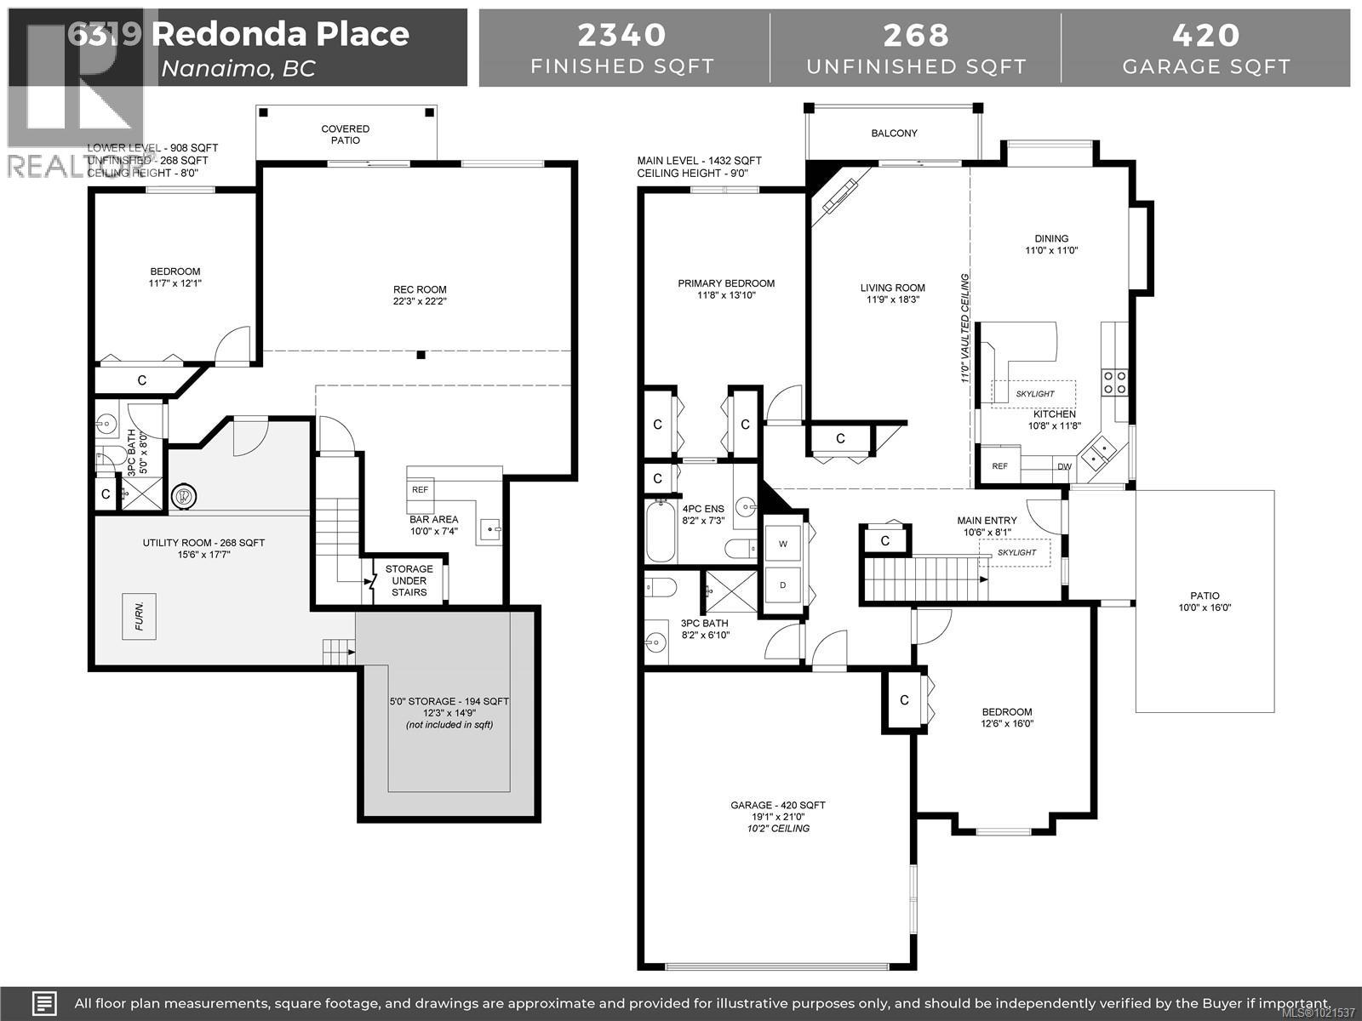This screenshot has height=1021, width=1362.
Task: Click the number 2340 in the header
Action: coord(622,35)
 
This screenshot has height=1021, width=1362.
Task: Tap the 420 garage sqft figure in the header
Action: coord(1206,35)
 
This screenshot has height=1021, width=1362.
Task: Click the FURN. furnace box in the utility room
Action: coord(139,616)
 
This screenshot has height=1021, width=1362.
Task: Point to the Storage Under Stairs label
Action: coord(409,580)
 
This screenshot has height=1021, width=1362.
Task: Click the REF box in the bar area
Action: coord(421,490)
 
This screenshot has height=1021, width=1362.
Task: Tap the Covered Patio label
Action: coord(346,134)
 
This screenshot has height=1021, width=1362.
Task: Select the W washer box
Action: coord(782,544)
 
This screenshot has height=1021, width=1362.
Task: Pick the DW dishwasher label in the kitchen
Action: coord(1064,466)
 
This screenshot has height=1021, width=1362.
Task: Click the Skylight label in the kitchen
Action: coord(1034,394)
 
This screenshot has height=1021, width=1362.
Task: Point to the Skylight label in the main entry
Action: coord(1016,552)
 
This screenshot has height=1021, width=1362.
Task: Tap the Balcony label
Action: coord(894,134)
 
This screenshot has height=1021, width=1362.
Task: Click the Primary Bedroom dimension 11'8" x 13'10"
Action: coord(726,296)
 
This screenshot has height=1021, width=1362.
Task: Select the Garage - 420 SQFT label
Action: coord(777,805)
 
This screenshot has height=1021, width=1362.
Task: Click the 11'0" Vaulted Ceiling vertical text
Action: coord(965,328)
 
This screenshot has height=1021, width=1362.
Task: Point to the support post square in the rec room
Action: coord(421,355)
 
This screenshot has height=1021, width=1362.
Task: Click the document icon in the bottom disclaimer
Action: coord(44,1002)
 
